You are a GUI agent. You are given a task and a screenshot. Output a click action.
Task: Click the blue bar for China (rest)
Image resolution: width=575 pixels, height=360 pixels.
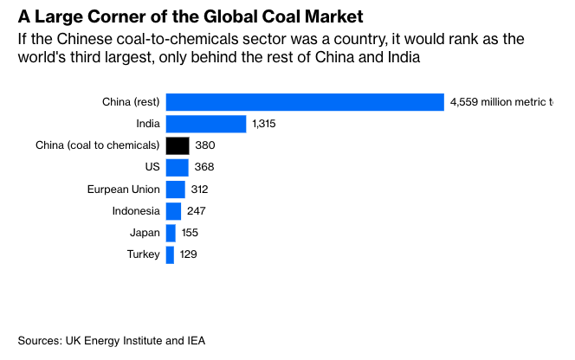click(305, 102)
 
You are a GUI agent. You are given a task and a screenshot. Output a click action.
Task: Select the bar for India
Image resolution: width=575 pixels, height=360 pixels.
click(206, 124)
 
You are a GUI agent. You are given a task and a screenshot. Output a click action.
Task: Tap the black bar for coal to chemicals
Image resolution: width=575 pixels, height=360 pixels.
click(178, 145)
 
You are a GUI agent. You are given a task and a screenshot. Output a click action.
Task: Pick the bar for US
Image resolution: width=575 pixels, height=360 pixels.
click(177, 167)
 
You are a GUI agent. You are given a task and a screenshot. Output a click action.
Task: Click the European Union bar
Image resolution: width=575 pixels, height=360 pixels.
click(175, 189)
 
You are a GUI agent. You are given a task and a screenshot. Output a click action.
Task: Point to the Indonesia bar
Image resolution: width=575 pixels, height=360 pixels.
click(173, 211)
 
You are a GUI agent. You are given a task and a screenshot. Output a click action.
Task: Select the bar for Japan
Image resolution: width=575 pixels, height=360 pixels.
click(171, 233)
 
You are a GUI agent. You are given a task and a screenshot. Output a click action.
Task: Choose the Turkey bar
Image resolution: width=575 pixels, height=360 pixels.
click(170, 254)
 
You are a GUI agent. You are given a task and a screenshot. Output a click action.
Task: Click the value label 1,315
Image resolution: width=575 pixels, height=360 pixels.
click(263, 124)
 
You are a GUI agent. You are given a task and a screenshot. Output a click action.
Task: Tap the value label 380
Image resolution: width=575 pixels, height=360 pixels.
click(205, 145)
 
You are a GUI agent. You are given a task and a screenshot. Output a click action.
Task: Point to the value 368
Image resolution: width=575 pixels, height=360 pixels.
click(204, 167)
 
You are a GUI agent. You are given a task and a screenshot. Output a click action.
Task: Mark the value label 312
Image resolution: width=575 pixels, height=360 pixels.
click(200, 189)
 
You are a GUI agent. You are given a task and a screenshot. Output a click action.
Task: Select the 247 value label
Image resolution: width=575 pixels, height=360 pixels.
click(197, 211)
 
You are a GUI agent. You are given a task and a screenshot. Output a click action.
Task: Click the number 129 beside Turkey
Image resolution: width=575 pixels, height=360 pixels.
click(190, 254)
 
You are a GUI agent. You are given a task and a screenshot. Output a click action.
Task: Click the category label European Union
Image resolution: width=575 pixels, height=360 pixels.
click(123, 189)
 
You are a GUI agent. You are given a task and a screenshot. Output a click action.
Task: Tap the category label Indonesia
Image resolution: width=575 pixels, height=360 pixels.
click(136, 211)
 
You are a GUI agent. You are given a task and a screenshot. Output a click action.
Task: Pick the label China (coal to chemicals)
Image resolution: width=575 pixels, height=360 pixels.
click(97, 145)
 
